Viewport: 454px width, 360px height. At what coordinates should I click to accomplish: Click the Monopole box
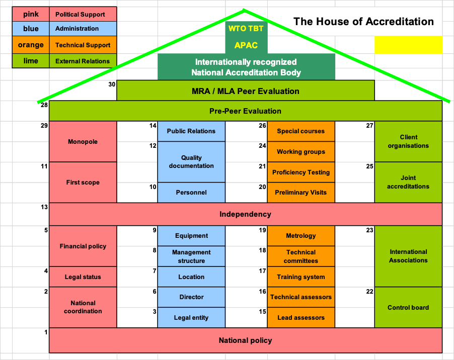[x=83, y=142]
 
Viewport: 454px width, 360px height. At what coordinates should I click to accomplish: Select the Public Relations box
[x=191, y=131]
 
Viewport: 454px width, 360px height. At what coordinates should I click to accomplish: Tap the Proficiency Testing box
[x=301, y=172]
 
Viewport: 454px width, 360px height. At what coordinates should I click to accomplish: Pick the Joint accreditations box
[x=408, y=182]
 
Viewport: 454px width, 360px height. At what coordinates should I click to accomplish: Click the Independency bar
[x=246, y=214]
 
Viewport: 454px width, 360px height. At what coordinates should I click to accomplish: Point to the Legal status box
[x=83, y=277]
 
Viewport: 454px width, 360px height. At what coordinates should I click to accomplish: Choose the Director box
[x=191, y=297]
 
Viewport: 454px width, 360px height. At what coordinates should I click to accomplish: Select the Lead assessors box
[x=301, y=318]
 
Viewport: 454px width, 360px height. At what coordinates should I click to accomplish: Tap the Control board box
[x=408, y=307]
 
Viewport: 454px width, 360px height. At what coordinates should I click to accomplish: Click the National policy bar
[x=246, y=340]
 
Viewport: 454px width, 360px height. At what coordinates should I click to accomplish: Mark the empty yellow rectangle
[x=408, y=45]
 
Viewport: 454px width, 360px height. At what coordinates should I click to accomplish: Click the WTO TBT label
[x=246, y=29]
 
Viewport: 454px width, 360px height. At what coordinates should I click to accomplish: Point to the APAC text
[x=246, y=45]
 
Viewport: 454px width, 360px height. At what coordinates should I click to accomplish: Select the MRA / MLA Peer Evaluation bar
[x=246, y=91]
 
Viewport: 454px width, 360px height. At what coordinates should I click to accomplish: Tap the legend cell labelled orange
[x=31, y=45]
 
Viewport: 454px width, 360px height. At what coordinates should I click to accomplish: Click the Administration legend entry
[x=83, y=29]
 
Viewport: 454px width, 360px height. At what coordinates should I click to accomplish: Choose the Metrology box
[x=301, y=236]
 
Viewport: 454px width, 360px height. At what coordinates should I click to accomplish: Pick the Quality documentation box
[x=191, y=162]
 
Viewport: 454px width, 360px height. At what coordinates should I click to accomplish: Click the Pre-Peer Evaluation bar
[x=246, y=111]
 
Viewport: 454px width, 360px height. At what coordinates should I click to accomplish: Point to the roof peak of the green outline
[x=244, y=10]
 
